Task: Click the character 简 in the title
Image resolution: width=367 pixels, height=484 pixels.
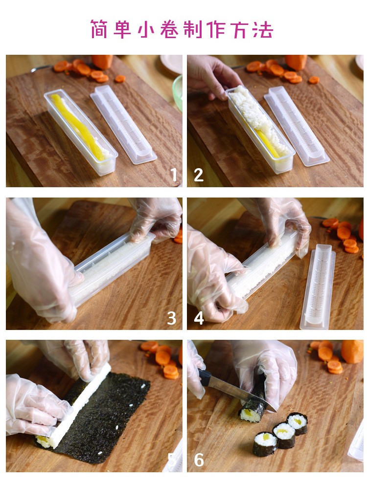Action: (99, 29)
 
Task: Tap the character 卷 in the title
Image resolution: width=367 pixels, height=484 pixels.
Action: (169, 29)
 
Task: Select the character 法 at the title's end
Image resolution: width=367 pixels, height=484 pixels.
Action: (263, 29)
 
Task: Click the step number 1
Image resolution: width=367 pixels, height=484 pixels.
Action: (174, 175)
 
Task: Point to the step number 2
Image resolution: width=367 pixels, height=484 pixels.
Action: (199, 175)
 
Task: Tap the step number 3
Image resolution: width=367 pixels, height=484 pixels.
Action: (171, 318)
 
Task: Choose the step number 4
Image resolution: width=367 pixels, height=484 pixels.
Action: (199, 318)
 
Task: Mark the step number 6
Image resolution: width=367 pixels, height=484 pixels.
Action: (199, 460)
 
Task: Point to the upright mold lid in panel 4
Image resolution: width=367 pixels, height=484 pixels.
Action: (318, 286)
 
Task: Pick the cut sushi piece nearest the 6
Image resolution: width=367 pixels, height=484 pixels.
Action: (265, 444)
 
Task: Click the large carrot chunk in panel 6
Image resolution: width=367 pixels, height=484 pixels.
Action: (352, 352)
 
